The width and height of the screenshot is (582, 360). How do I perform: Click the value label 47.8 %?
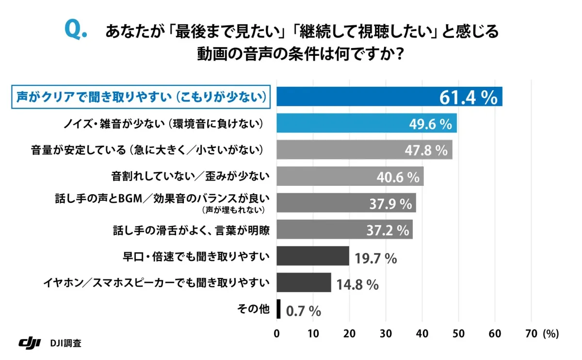(426, 150)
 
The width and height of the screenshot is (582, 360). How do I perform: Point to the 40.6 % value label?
(398, 177)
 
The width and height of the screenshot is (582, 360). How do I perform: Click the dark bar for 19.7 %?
(313, 256)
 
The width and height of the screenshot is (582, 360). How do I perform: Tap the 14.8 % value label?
(357, 284)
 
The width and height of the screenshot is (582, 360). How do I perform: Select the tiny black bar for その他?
(278, 309)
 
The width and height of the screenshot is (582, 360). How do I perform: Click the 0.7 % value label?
(304, 311)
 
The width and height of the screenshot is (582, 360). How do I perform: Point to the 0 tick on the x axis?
(277, 333)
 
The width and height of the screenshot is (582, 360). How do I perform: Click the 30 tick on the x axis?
(386, 333)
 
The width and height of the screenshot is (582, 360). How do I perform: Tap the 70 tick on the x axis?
(531, 333)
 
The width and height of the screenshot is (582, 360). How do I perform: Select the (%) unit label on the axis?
(551, 333)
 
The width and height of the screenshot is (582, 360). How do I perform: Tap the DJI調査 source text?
(65, 343)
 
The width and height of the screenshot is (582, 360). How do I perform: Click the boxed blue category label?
(140, 97)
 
